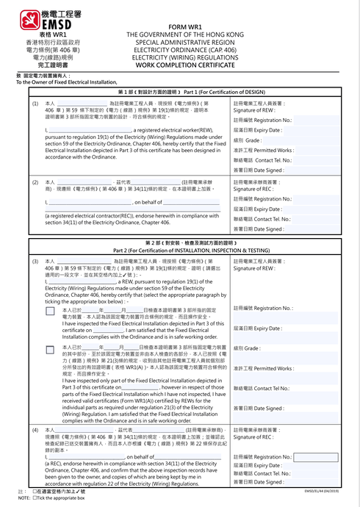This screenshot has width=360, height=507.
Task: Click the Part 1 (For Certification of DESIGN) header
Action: pos(181,92)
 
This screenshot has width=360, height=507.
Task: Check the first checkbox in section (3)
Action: pos(50,312)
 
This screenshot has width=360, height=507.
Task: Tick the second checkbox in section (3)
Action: pos(50,348)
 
